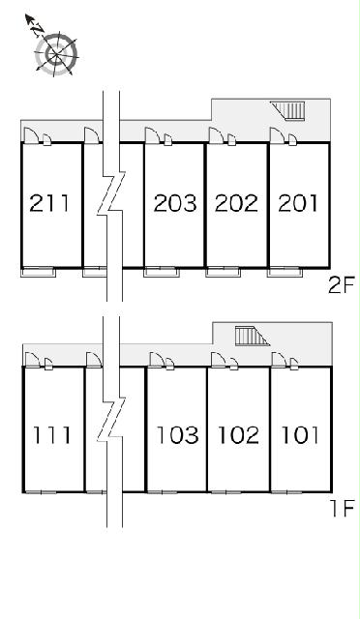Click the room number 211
[x=49, y=203]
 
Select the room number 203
[x=174, y=203]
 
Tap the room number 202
[x=236, y=203]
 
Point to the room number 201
[x=298, y=203]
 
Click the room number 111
[x=52, y=435]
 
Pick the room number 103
[x=177, y=435]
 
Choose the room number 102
[x=239, y=435]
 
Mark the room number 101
[x=300, y=435]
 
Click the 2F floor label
[x=342, y=285]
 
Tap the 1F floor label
[x=343, y=509]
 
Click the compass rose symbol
[x=56, y=53]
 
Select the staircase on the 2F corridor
[x=288, y=110]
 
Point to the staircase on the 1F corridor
[x=253, y=336]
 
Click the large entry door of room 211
[x=31, y=135]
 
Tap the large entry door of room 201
[x=278, y=135]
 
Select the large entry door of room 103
[x=157, y=360]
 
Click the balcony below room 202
[x=223, y=273]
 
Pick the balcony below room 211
[x=38, y=273]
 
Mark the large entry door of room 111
[x=32, y=360]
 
